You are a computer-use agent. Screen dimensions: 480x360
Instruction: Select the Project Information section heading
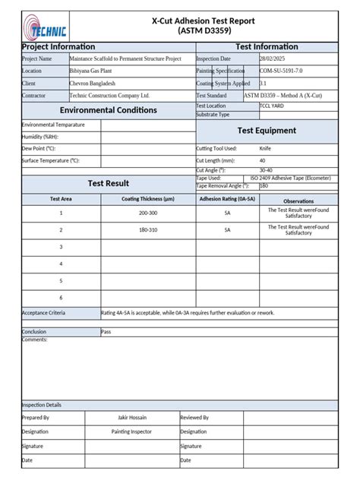(x=58, y=47)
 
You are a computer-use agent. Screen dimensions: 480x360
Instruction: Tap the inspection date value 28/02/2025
(x=274, y=58)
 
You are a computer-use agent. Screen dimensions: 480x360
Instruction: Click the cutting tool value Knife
(x=265, y=149)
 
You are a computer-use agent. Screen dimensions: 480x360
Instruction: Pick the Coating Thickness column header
(x=148, y=199)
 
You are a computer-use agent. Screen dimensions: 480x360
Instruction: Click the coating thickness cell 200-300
(x=148, y=213)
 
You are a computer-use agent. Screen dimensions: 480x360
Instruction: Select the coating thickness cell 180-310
(x=148, y=230)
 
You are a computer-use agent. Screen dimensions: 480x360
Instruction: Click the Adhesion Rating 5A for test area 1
(x=227, y=213)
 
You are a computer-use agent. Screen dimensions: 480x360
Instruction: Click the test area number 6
(x=61, y=297)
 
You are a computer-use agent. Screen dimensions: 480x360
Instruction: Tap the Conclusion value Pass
(x=106, y=332)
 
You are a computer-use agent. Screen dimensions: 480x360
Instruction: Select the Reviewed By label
(x=194, y=418)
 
